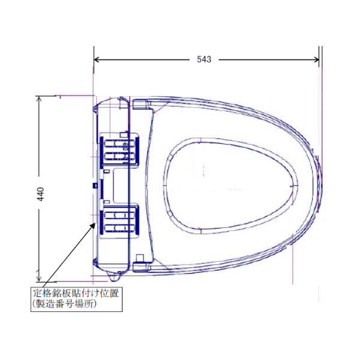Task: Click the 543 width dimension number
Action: coord(204,59)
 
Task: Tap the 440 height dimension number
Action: coord(41,194)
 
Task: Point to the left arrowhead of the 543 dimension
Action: coord(97,59)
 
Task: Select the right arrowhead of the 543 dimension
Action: coord(316,59)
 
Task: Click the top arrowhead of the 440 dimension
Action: coord(39,99)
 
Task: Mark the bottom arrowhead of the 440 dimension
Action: coord(39,278)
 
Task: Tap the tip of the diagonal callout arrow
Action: coord(95,223)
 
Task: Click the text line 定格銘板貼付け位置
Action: coord(76,293)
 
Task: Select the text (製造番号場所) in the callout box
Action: coord(64,304)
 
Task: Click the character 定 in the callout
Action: coord(37,293)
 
